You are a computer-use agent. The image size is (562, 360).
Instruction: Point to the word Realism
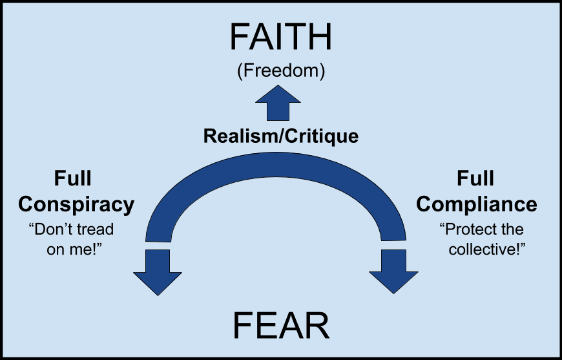tap(236, 136)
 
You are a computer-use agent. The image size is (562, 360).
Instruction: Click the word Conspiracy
tap(76, 204)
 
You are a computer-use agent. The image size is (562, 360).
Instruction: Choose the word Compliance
tap(477, 204)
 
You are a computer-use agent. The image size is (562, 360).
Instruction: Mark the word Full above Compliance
tap(476, 179)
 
